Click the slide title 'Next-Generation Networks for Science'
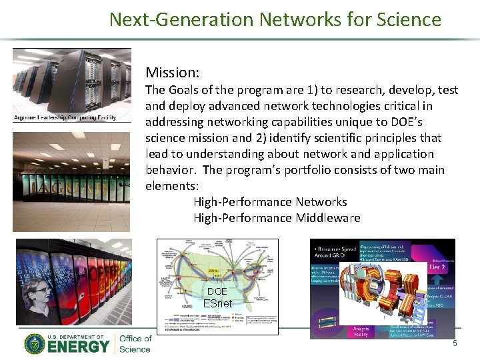[x=275, y=19]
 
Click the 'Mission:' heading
[x=173, y=72]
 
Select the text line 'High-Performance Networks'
[x=270, y=202]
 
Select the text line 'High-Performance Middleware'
[x=277, y=218]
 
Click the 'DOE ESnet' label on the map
[x=217, y=297]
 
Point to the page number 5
[x=455, y=343]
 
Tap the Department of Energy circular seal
[x=35, y=344]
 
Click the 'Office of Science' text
[x=135, y=344]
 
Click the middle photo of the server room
[x=71, y=180]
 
